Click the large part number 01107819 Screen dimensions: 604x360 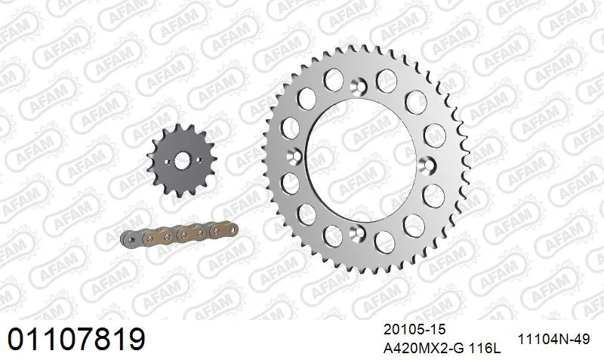click(x=76, y=339)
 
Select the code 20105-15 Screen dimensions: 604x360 click(x=414, y=330)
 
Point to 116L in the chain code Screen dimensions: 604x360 click(x=485, y=349)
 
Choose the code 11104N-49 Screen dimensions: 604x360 click(x=553, y=339)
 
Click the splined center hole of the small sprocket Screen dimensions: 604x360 click(x=182, y=160)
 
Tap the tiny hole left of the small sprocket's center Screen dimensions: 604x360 click(x=167, y=162)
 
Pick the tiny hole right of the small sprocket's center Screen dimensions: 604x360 click(x=199, y=159)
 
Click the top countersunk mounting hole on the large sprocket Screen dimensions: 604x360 click(x=360, y=85)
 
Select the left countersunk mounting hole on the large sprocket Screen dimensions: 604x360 click(x=295, y=156)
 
